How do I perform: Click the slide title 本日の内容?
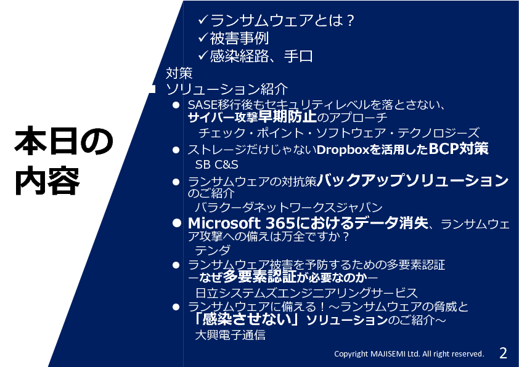[63, 161]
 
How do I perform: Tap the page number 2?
[503, 353]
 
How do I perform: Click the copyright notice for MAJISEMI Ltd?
[409, 354]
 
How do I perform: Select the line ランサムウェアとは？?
[282, 20]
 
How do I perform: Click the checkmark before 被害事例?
[203, 38]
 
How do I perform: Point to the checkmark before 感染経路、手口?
[203, 55]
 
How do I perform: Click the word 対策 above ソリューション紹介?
[179, 73]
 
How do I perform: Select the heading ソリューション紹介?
[227, 89]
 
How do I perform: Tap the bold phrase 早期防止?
[287, 117]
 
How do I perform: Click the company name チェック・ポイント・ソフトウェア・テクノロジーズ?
[338, 133]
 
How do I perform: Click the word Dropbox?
[343, 150]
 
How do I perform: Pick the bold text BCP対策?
[459, 149]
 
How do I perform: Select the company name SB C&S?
[216, 164]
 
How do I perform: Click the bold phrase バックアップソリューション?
[413, 180]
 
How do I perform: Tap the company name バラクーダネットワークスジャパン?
[288, 208]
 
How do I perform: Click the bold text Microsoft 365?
[241, 224]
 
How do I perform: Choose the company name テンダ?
[212, 250]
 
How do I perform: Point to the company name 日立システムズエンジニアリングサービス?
[306, 293]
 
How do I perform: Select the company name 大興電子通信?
[230, 335]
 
